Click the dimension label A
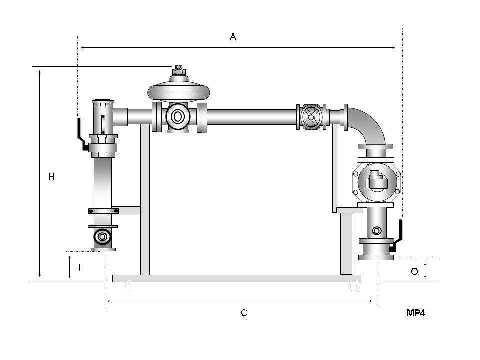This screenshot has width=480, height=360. pyautogui.click(x=233, y=37)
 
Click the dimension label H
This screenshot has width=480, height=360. pyautogui.click(x=51, y=177)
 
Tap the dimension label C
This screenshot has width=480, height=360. pyautogui.click(x=244, y=313)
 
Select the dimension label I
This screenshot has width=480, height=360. pyautogui.click(x=80, y=267)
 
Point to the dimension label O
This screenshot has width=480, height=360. pyautogui.click(x=414, y=271)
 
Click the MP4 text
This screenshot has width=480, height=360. pyautogui.click(x=416, y=313)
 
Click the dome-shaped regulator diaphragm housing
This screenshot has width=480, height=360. pyautogui.click(x=179, y=91)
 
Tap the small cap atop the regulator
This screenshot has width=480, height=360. pyautogui.click(x=179, y=70)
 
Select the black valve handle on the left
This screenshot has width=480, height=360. pyautogui.click(x=80, y=134)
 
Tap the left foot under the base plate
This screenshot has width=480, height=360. pyautogui.click(x=127, y=285)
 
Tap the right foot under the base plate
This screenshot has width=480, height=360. pyautogui.click(x=354, y=285)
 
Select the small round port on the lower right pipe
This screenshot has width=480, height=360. pyautogui.click(x=377, y=231)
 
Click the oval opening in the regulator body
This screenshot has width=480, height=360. pyautogui.click(x=178, y=117)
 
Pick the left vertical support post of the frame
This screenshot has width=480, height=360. pyautogui.click(x=145, y=200)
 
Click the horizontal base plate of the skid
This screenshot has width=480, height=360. pyautogui.click(x=236, y=278)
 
